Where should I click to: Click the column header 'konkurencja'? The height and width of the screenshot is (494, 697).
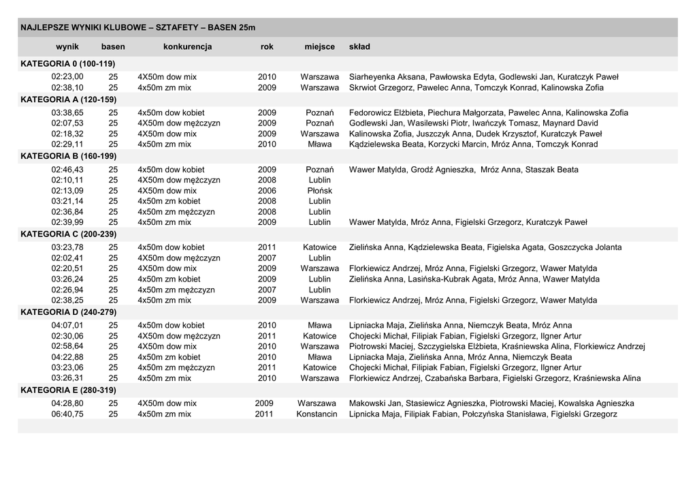point(187,46)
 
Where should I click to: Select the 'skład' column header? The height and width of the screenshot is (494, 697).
point(359,46)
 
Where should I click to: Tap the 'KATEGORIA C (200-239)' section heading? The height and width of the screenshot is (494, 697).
point(69,233)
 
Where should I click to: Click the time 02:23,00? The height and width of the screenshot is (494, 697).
point(67,77)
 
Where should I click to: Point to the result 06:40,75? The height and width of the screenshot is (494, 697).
point(67,414)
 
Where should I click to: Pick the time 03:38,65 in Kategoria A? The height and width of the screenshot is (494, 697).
point(67,112)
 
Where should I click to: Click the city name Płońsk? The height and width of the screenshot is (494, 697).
point(319,191)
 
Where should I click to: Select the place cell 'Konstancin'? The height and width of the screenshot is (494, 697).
point(317,414)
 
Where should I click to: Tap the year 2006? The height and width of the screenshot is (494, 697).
point(267,191)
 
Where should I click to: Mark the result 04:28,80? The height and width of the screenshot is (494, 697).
point(67,403)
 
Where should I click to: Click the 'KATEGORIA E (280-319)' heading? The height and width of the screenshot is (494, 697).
point(68,390)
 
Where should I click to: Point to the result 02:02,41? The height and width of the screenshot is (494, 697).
point(67,258)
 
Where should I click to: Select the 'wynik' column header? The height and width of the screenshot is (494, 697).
point(67,46)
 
